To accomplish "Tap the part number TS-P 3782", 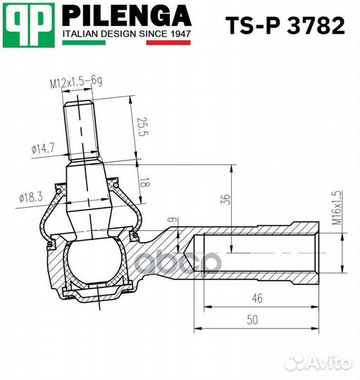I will [x=285, y=26].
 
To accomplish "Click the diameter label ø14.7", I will [x=43, y=148].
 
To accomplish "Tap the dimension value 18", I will [x=146, y=181].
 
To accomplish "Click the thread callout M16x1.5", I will [x=336, y=208].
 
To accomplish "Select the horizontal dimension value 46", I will [x=257, y=298].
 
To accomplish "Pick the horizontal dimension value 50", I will [x=252, y=319].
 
